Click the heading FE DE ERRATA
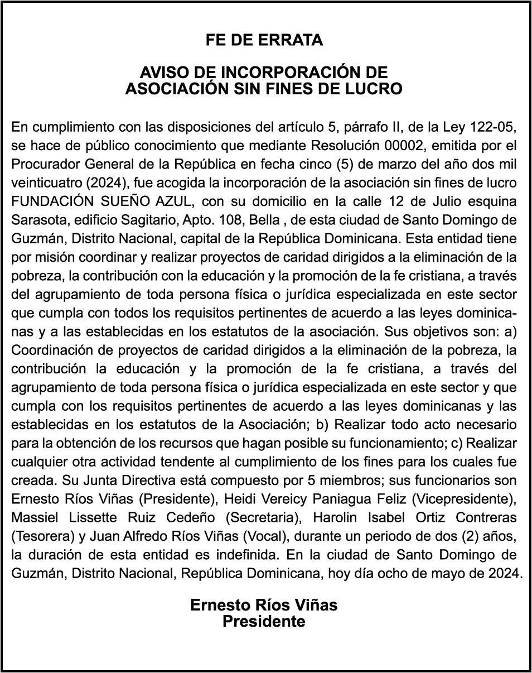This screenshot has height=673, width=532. click(264, 40)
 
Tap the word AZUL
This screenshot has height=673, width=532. click(175, 201)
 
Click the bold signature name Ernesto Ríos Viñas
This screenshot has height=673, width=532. click(264, 605)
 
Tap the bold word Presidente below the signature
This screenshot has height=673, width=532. click(264, 622)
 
